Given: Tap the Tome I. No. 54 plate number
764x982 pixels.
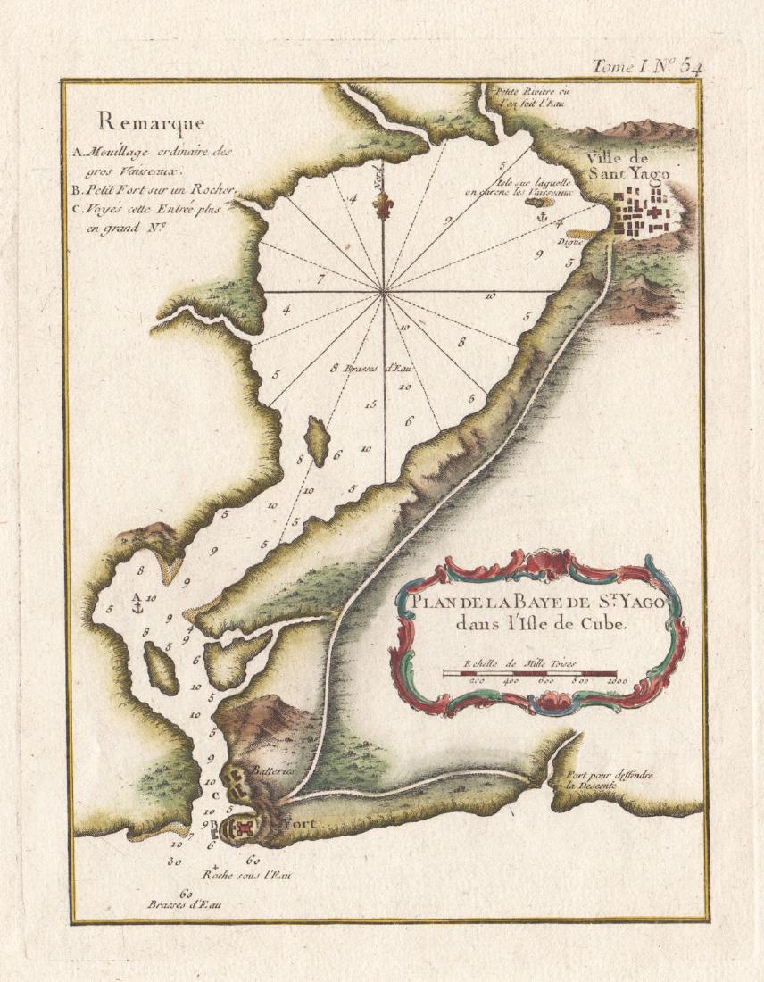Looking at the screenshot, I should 647,66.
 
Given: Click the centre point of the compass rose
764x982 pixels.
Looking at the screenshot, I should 384,291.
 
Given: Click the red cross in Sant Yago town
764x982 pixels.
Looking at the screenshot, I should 652,216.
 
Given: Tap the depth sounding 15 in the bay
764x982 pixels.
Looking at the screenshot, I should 370,404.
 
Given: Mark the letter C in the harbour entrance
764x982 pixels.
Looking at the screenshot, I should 216,795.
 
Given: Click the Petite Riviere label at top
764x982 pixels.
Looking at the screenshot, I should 531,96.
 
